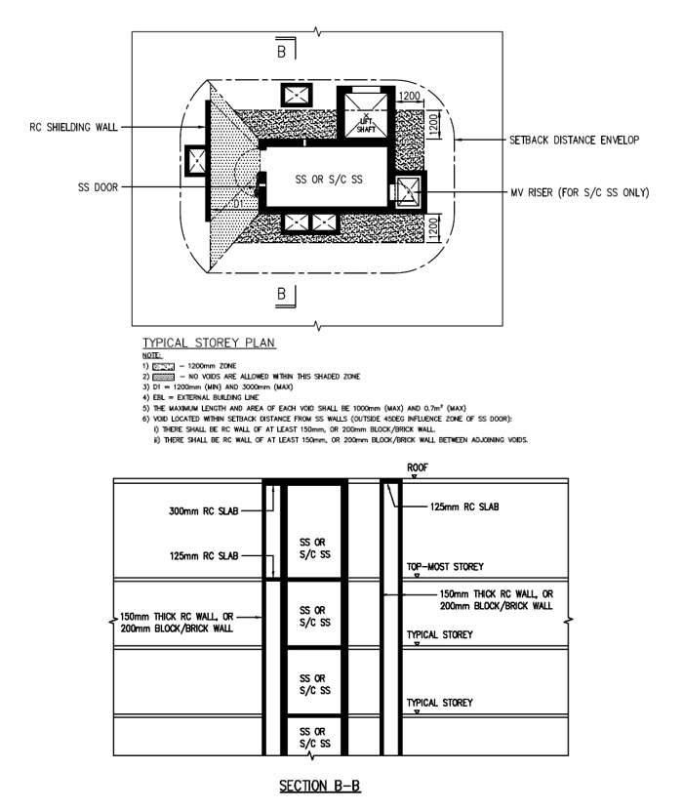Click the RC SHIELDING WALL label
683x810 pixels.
73,127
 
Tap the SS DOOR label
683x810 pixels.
99,187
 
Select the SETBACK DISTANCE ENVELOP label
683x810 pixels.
574,140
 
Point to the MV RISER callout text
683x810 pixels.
580,192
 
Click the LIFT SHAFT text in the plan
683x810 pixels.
366,125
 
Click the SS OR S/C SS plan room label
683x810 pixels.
329,180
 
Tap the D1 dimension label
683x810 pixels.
237,204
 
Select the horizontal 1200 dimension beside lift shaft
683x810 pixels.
409,96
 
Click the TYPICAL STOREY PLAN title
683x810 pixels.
209,343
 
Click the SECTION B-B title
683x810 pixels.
320,786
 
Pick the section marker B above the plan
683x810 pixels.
282,52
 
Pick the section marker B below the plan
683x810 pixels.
282,294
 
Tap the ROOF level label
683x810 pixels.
418,467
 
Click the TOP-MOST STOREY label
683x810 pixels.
445,567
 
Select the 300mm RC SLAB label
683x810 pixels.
204,511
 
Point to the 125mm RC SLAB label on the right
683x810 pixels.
464,506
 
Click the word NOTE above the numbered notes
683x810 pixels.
152,355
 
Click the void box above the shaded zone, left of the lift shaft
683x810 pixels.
297,95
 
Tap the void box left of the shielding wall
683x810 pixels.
196,160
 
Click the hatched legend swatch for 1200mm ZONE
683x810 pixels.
163,366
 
